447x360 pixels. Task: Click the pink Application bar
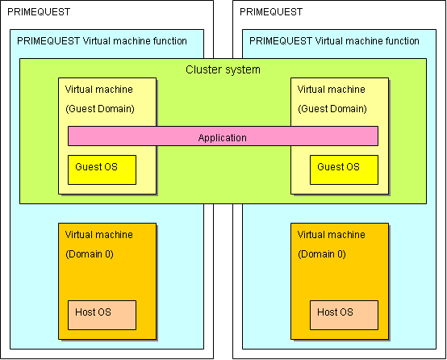tap(223, 136)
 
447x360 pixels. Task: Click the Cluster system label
tap(223, 69)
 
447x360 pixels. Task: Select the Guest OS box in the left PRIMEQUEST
tap(102, 170)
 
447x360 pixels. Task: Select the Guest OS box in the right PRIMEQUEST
tap(344, 170)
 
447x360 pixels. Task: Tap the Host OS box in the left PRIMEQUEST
tap(102, 315)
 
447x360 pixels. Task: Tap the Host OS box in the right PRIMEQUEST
tap(344, 315)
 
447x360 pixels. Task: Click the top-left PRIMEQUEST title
tap(39, 12)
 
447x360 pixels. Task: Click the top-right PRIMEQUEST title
tap(271, 12)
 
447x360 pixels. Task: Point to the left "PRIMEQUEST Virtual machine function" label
tap(102, 41)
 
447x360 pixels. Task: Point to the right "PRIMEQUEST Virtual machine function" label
tap(334, 41)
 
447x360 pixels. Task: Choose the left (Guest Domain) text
tap(100, 109)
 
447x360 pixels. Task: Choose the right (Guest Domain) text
tap(332, 109)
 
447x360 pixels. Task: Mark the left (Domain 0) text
tap(90, 254)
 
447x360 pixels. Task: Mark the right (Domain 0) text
tap(322, 254)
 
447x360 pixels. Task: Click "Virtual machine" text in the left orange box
tap(99, 235)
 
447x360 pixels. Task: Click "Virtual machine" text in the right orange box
tap(332, 235)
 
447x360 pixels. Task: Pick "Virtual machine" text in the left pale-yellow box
tap(99, 90)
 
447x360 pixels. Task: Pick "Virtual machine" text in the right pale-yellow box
tap(332, 90)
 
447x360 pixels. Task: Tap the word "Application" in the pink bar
tap(223, 138)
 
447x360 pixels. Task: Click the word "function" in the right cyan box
tap(403, 41)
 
